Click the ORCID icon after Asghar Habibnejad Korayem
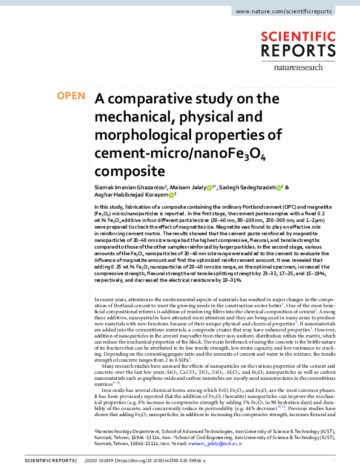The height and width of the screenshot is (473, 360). click(x=171, y=195)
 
